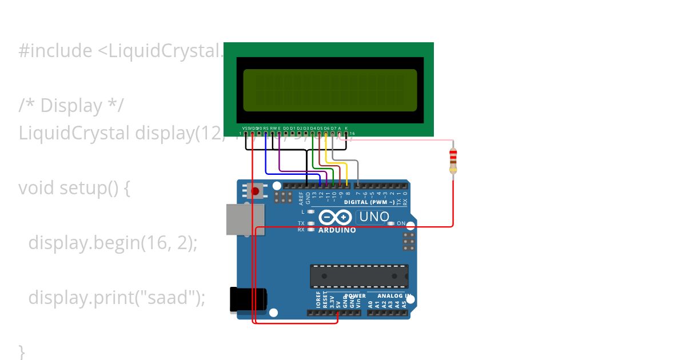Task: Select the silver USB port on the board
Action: tap(245, 219)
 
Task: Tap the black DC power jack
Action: tap(248, 299)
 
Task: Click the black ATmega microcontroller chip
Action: tap(359, 277)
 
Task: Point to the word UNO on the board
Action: tap(375, 217)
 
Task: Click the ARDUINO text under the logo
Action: tap(337, 230)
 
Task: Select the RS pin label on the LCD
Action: tap(266, 128)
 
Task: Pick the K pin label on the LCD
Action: tap(346, 128)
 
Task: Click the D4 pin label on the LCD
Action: tap(313, 128)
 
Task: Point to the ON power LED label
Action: tap(401, 223)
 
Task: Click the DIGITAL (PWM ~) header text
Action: tap(369, 203)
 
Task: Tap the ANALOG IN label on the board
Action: tap(394, 296)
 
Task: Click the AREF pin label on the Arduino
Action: tap(301, 198)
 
